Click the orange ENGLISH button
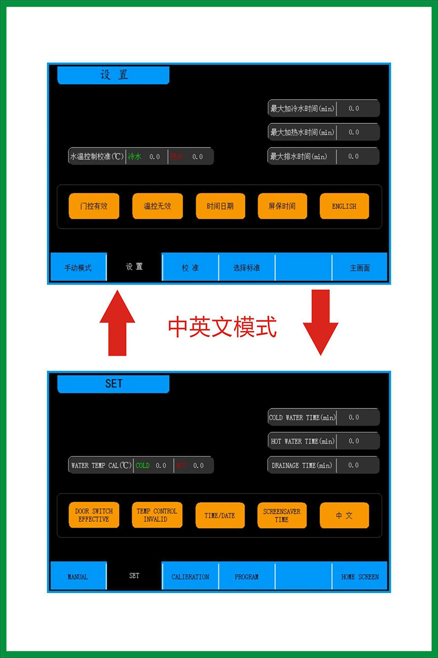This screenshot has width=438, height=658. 344,206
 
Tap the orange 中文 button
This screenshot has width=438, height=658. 344,515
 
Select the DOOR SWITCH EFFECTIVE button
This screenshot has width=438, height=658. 94,515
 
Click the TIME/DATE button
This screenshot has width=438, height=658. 220,515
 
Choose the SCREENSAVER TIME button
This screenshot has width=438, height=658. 281,515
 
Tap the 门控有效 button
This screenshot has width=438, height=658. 94,206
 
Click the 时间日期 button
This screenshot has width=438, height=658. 220,206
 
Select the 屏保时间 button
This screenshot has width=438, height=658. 281,206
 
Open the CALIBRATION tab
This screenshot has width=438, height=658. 190,576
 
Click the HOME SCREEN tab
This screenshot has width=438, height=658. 360,576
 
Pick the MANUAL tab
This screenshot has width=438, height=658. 78,576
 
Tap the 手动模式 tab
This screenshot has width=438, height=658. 78,268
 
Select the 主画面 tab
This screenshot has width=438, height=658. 360,268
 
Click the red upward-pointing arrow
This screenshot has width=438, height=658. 117,324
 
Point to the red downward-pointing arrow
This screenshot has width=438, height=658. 320,324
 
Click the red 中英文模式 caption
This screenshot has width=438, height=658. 222,327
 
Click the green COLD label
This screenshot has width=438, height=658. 142,466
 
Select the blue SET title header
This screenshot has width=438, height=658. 113,384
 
